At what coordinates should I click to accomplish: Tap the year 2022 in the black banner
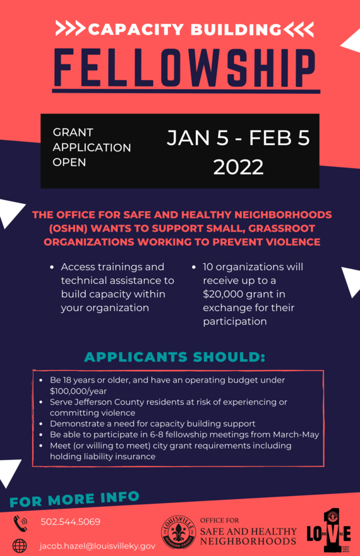click(238, 167)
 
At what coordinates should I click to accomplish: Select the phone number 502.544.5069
click(70, 522)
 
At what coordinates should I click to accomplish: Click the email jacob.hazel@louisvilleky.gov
click(97, 545)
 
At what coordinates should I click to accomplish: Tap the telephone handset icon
click(20, 523)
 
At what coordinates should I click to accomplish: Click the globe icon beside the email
click(20, 545)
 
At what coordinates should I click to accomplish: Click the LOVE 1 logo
click(328, 532)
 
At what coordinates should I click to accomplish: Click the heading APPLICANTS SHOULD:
click(174, 357)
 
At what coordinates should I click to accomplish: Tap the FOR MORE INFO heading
click(75, 500)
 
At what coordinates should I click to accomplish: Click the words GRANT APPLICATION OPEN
click(92, 147)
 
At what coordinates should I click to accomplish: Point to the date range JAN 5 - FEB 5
click(238, 138)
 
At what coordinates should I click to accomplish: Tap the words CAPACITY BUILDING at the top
click(184, 29)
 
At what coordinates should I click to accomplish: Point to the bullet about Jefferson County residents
click(168, 407)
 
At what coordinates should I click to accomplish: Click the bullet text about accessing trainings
click(117, 287)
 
